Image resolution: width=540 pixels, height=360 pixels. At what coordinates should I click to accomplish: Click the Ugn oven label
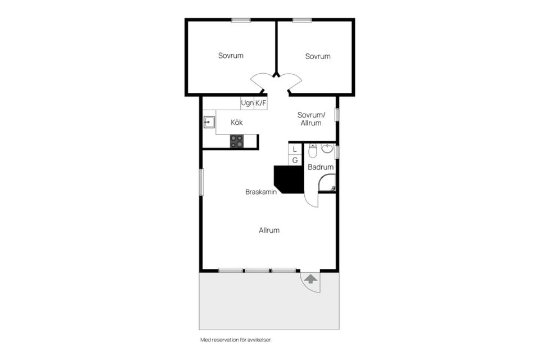[247, 103]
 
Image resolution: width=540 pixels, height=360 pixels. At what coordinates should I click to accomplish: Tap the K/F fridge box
[260, 103]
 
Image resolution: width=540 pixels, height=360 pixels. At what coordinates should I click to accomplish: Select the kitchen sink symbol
[209, 122]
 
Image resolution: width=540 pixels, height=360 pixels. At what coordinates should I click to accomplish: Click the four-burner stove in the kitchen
[237, 141]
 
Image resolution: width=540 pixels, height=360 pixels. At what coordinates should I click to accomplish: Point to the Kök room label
[237, 122]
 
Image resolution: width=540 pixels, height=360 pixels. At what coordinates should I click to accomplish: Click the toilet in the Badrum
[313, 150]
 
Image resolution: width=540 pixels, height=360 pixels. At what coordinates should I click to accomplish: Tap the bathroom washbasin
[327, 148]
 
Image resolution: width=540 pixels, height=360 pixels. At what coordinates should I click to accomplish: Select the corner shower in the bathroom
[327, 183]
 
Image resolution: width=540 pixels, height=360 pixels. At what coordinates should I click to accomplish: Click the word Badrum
[321, 167]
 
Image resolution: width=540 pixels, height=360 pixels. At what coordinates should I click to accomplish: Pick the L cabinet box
[295, 149]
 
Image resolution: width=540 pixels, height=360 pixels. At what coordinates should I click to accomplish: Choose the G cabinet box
[295, 160]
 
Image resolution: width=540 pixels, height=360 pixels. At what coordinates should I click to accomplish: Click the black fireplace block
[289, 179]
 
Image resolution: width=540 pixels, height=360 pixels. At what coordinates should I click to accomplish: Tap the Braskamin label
[261, 192]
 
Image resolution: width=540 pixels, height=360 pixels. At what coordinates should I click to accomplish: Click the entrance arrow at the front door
[311, 278]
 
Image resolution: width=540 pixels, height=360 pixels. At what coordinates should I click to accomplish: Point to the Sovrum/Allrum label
[311, 119]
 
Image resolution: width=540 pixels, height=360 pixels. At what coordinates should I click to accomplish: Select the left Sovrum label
[231, 56]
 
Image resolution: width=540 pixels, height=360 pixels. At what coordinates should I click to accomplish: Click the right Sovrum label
[318, 56]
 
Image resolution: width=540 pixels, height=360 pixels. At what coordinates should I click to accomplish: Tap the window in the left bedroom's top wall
[241, 20]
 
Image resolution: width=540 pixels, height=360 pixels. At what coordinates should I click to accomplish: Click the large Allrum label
[269, 230]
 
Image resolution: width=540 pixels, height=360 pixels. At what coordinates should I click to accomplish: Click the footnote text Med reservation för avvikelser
[236, 340]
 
